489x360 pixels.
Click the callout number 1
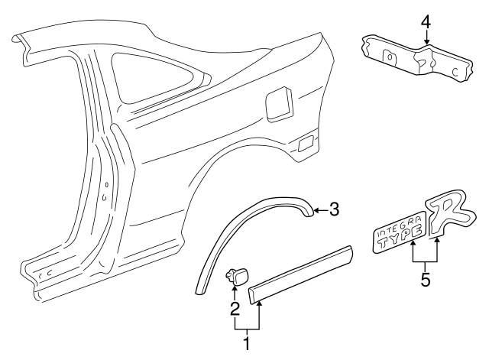click(x=246, y=345)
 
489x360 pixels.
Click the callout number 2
click(x=235, y=309)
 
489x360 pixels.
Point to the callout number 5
click(x=425, y=280)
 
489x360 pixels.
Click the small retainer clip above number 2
click(x=235, y=276)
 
